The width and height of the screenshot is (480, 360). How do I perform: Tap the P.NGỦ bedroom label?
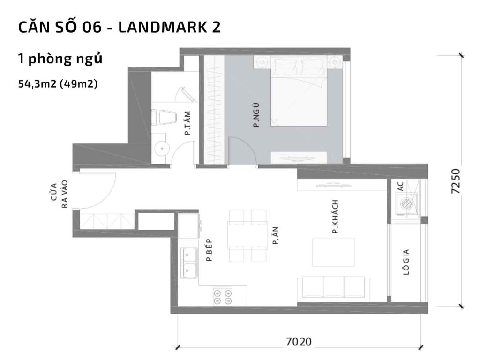(x=256, y=119)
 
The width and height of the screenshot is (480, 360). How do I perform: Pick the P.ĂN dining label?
(x=276, y=236)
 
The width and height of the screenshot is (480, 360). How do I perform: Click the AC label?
(x=400, y=186)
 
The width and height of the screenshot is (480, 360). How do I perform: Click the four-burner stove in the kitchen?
(x=223, y=296)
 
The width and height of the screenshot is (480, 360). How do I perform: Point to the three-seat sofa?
(x=334, y=287)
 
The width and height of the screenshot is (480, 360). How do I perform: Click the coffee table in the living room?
(x=333, y=252)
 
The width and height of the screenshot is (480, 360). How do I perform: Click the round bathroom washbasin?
(x=162, y=148)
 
